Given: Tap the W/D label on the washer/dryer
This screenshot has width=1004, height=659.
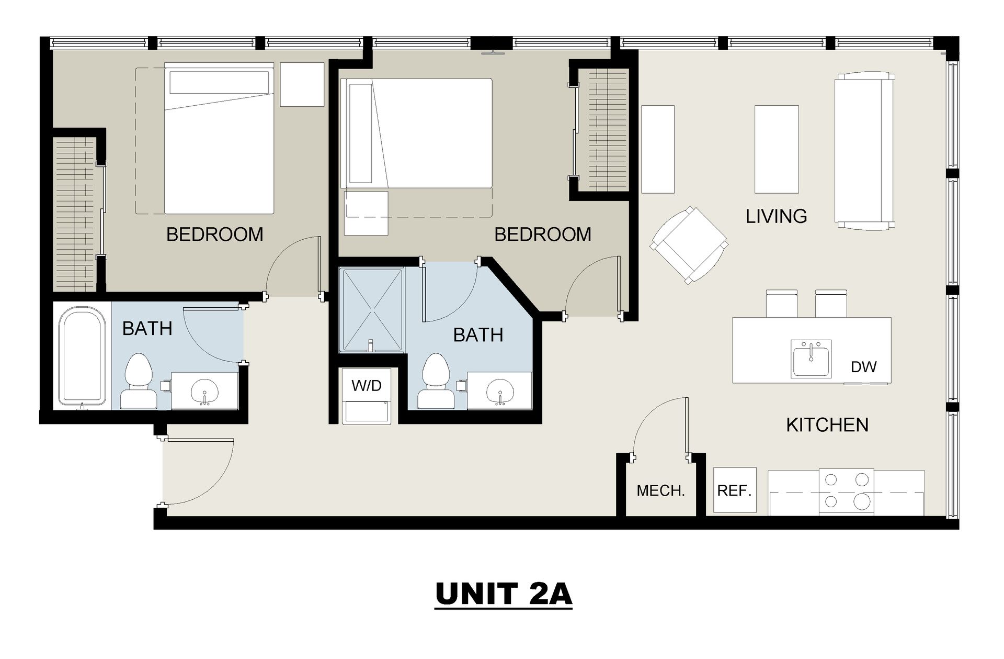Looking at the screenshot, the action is tap(367, 386).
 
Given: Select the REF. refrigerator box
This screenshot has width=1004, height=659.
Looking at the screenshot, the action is tap(735, 490).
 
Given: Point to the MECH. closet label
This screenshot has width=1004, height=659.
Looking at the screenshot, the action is tap(660, 491).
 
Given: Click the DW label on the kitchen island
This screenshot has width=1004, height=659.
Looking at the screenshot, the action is tap(863, 367).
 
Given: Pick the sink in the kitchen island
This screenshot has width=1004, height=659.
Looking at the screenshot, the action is tap(811, 359).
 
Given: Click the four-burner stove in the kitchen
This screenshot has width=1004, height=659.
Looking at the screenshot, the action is tap(846, 492).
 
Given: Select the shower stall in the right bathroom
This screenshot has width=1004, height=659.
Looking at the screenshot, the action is tap(372, 309).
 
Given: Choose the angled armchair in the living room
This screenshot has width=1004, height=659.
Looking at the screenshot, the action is tap(689, 245).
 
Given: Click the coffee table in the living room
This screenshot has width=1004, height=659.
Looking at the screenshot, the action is tap(777, 149).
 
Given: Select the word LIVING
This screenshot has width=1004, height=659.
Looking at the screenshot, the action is tap(776, 216).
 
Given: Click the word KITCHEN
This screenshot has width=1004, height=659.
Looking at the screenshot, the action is tap(827, 425).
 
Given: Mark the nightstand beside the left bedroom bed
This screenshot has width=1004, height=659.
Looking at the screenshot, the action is tap(302, 84).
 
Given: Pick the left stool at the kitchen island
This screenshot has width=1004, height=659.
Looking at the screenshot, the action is tap(782, 304).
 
